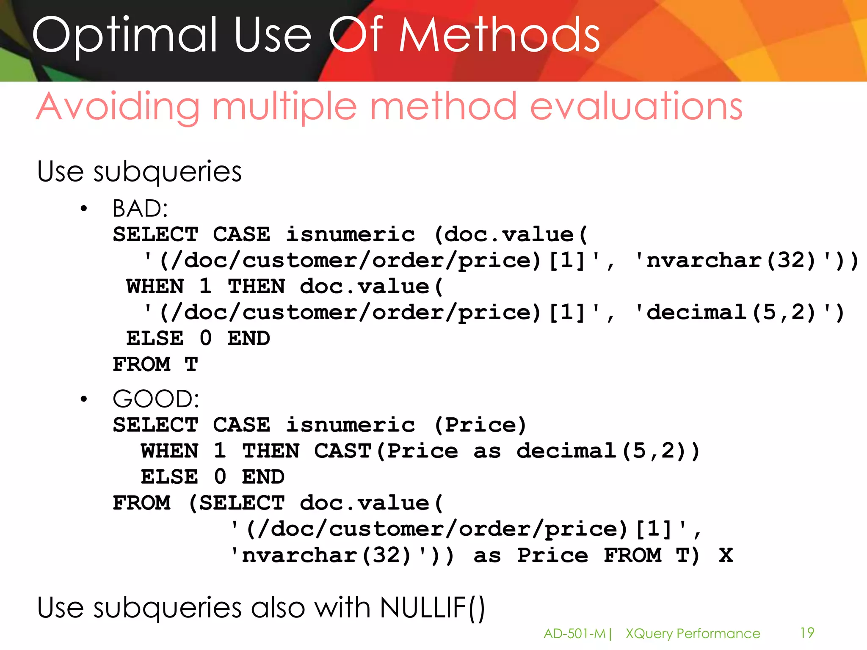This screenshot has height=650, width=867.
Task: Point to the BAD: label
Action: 140,209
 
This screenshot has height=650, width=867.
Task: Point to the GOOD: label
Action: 156,399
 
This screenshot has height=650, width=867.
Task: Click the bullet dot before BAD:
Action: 84,209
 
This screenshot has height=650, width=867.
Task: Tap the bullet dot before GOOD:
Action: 84,399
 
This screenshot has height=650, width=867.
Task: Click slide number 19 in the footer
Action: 807,633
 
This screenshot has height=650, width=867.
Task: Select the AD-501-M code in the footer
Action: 574,633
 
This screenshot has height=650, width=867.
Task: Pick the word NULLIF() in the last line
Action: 432,608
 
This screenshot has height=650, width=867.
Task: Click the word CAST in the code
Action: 342,451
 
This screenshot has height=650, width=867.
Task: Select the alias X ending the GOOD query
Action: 726,555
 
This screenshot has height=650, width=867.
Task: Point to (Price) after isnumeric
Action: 480,425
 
